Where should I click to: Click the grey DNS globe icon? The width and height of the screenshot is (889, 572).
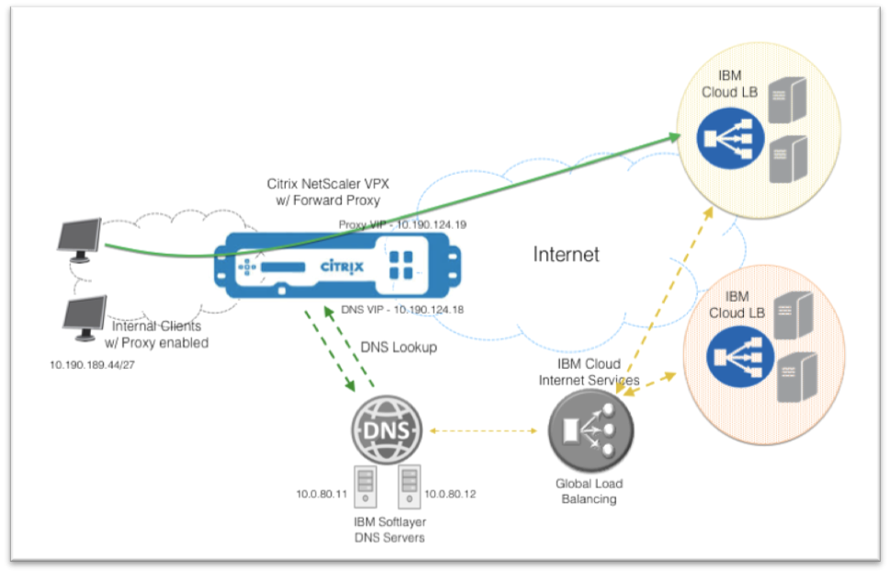pyautogui.click(x=388, y=429)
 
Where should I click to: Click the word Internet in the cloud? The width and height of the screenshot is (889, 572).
pyautogui.click(x=566, y=254)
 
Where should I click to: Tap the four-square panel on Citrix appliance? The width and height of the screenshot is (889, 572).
pyautogui.click(x=400, y=266)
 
